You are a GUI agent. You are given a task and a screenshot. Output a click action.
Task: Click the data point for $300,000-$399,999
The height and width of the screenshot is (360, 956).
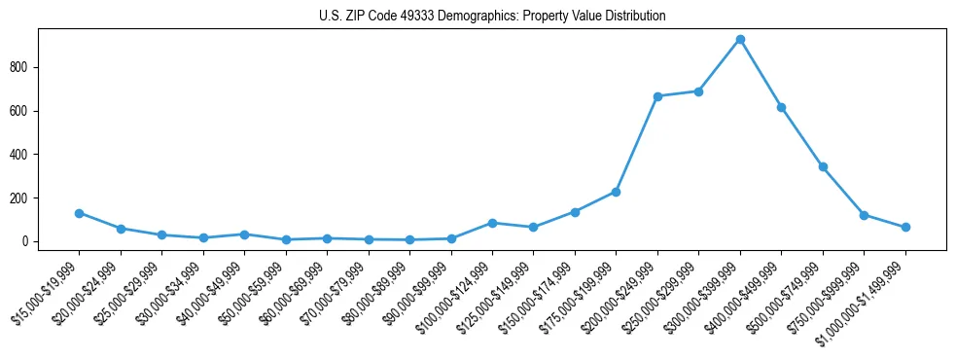pos(740,39)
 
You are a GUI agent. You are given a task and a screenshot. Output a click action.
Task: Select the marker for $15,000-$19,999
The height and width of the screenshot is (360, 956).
pos(79,213)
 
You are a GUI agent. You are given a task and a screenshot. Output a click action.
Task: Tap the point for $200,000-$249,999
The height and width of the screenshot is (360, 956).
pos(657,96)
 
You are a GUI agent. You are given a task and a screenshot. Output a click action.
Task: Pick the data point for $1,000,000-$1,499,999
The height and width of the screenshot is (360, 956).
pos(905,227)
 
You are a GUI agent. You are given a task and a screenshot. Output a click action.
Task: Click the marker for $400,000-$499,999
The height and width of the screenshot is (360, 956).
pos(781,107)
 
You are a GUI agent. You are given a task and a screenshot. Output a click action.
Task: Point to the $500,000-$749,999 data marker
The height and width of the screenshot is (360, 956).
pos(823,166)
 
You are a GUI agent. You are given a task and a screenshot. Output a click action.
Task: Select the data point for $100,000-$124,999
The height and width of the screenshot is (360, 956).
pos(492,223)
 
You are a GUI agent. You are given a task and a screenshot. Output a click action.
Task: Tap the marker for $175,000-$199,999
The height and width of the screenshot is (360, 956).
pos(616,192)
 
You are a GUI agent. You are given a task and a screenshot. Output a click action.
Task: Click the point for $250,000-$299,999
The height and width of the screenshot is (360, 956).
pos(698,91)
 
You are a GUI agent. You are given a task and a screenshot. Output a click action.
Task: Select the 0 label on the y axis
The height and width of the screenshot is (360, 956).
pos(34,241)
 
